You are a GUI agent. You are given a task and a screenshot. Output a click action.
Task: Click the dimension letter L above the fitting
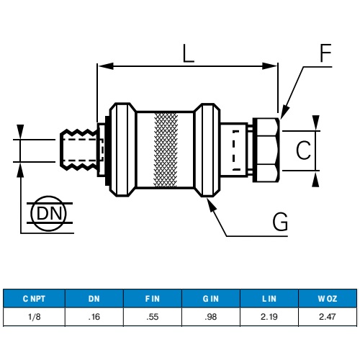(x=188, y=53)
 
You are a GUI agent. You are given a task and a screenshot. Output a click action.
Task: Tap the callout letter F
(x=325, y=53)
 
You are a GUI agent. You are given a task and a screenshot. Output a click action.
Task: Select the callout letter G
(x=280, y=222)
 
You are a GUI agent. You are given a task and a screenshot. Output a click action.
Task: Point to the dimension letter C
(x=304, y=150)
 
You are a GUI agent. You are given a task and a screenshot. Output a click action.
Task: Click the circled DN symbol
(x=50, y=213)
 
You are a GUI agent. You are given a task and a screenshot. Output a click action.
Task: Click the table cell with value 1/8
(x=35, y=316)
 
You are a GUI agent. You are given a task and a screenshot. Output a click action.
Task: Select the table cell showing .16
(x=94, y=316)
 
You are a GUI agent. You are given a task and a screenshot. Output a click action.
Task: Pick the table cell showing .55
(x=153, y=316)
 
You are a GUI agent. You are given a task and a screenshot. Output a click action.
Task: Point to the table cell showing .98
(x=211, y=316)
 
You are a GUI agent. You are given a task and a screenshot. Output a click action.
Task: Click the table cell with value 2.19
(x=269, y=316)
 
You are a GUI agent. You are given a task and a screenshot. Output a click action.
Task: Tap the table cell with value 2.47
(x=327, y=316)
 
